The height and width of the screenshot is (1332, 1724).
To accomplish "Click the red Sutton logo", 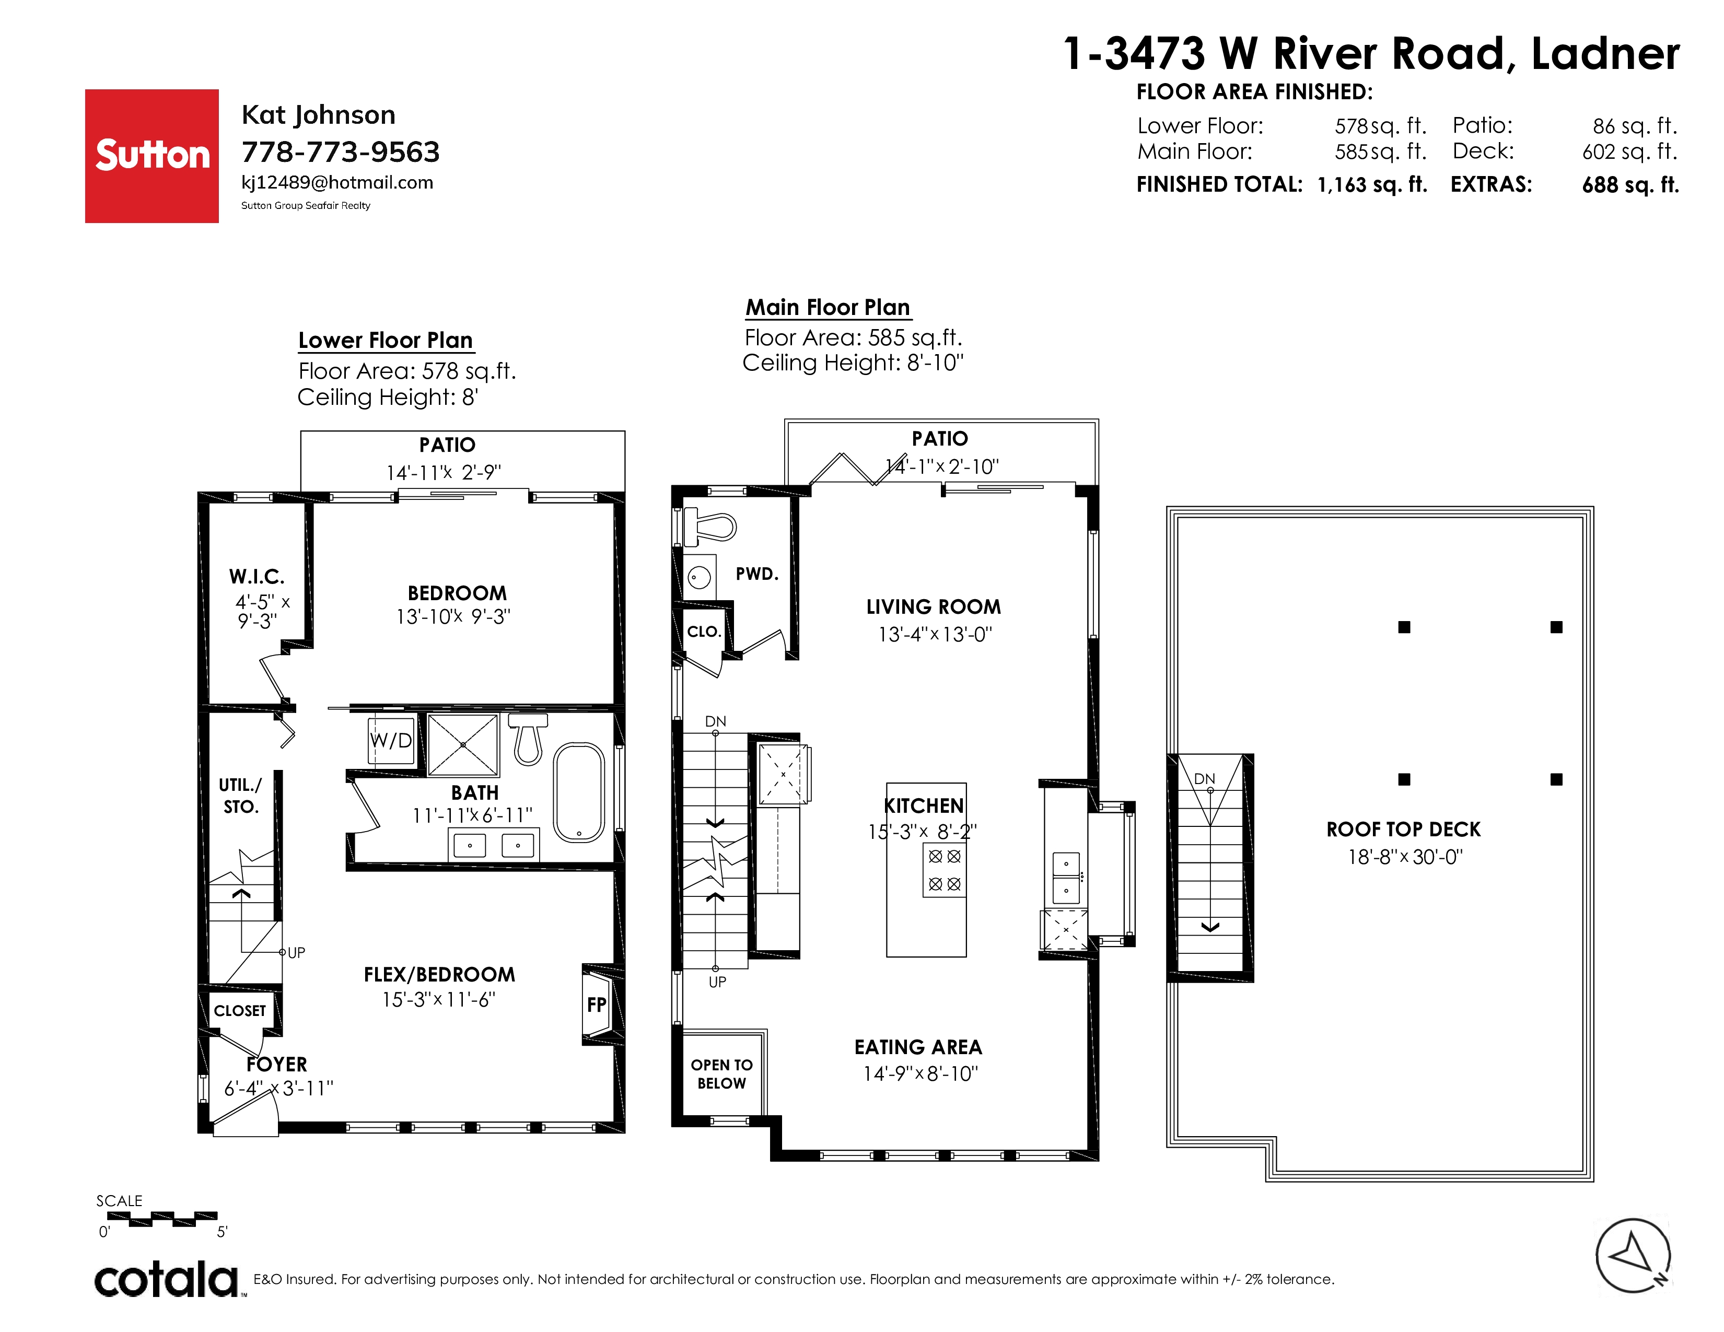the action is pyautogui.click(x=152, y=156).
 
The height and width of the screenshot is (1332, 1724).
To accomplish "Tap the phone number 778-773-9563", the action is pyautogui.click(x=340, y=151).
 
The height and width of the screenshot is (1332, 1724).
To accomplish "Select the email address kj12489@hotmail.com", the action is pyautogui.click(x=337, y=182).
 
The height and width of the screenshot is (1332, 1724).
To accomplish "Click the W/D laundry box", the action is pyautogui.click(x=391, y=740).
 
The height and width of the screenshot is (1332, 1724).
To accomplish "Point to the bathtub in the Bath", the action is pyautogui.click(x=579, y=792).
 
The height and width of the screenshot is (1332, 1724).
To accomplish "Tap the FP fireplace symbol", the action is pyautogui.click(x=596, y=1004).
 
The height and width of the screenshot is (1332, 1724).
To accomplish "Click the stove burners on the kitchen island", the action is pyautogui.click(x=944, y=870).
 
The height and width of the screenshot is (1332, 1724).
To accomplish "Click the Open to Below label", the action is pyautogui.click(x=721, y=1074).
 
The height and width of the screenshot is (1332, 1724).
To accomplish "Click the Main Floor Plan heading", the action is pyautogui.click(x=828, y=307).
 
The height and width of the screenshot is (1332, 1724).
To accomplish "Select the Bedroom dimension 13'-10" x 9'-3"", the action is pyautogui.click(x=453, y=616).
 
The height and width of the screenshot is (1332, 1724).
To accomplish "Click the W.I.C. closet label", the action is pyautogui.click(x=257, y=577).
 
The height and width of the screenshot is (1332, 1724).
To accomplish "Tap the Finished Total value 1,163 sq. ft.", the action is pyautogui.click(x=1372, y=184).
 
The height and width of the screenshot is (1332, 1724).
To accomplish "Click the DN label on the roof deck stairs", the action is pyautogui.click(x=1205, y=779).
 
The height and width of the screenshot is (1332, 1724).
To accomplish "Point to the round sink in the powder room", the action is pyautogui.click(x=698, y=577).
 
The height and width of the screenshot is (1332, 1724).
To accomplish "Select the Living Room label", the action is pyautogui.click(x=933, y=607).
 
